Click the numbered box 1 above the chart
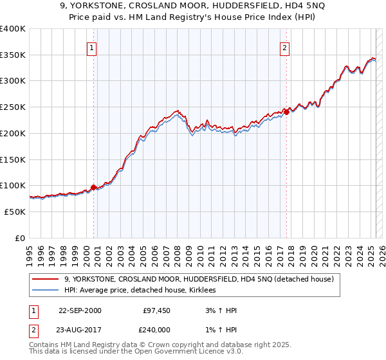click(x=91, y=48)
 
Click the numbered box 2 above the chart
click(x=284, y=48)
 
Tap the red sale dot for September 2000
click(x=93, y=187)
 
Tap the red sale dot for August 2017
click(x=287, y=113)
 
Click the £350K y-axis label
click(x=13, y=55)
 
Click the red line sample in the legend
click(x=46, y=279)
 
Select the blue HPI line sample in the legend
click(x=46, y=291)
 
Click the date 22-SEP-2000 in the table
click(x=80, y=310)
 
